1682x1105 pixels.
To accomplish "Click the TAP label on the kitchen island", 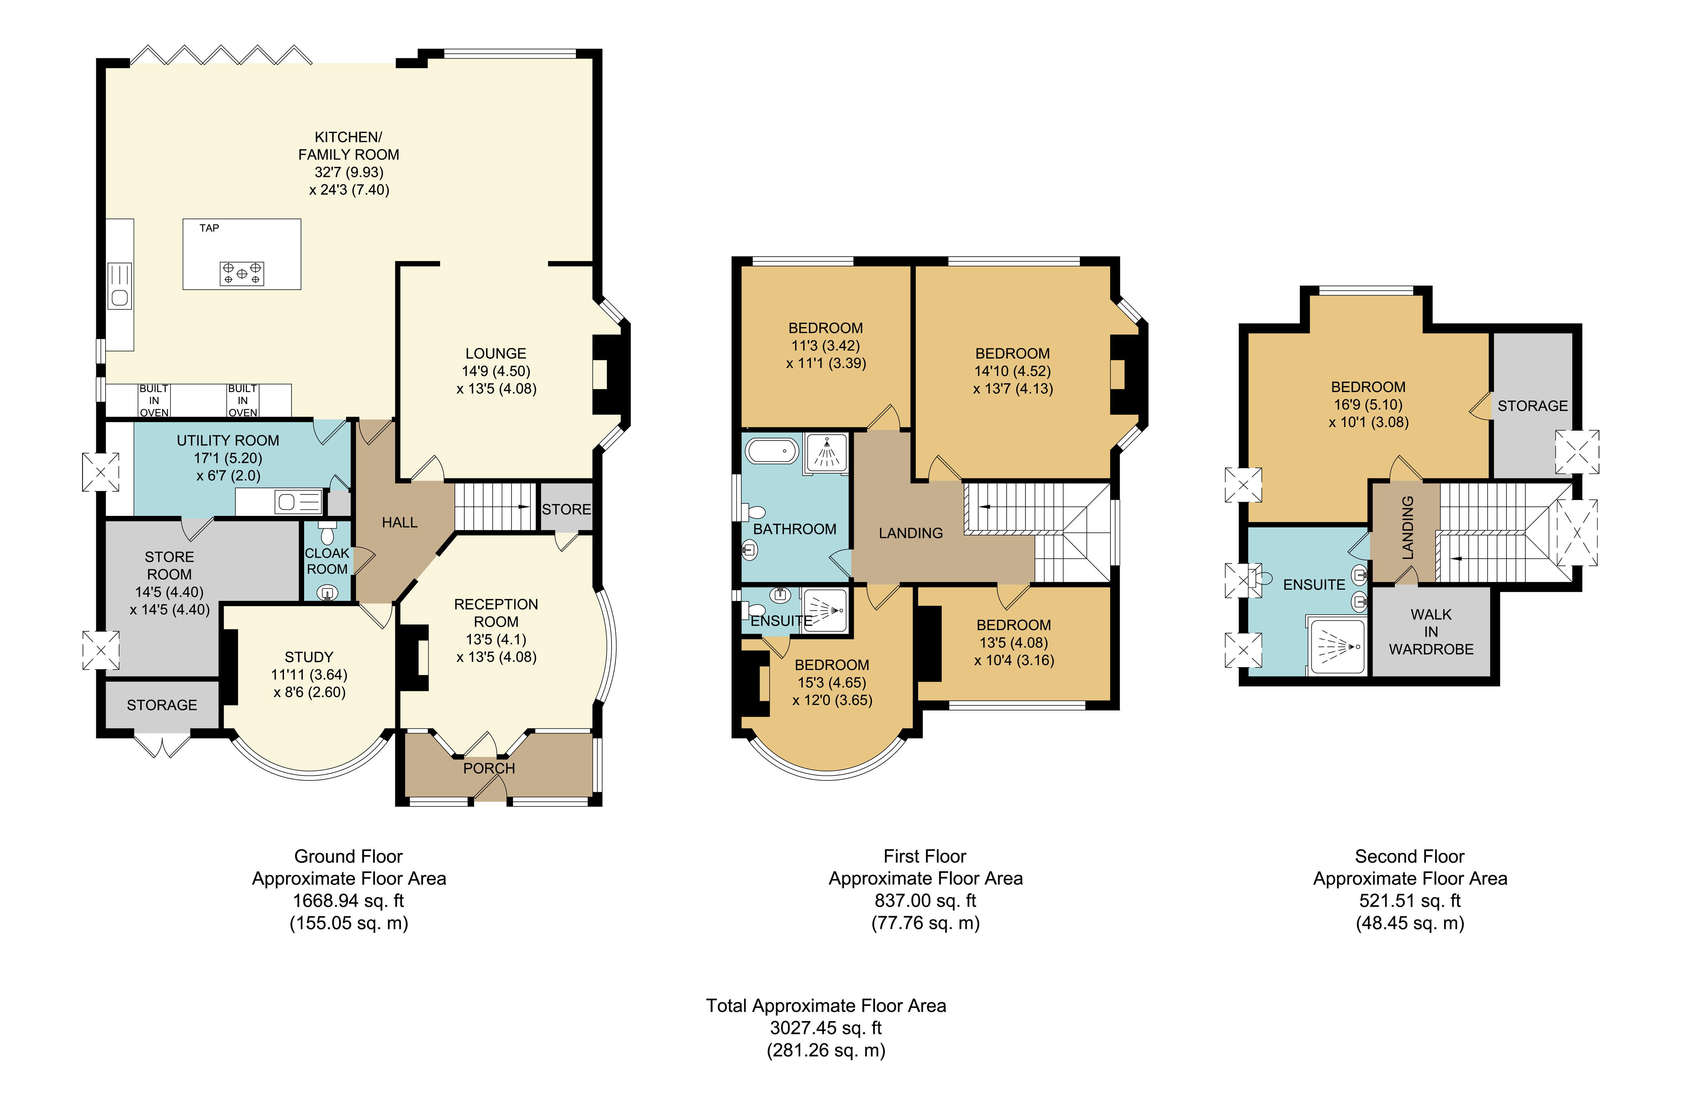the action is coord(209,228).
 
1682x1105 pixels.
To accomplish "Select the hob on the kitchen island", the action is coord(242,273).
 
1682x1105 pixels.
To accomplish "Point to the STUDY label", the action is coord(309,657).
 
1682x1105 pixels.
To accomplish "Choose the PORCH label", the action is coord(489,768).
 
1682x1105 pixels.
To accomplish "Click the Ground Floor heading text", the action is coord(349,856).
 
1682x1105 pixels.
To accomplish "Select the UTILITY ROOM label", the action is coord(227,440).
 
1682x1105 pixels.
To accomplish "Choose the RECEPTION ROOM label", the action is coord(496,613).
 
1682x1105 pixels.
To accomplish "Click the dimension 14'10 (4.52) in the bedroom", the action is coord(1013,371).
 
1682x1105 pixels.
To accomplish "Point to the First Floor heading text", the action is coord(925,856).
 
